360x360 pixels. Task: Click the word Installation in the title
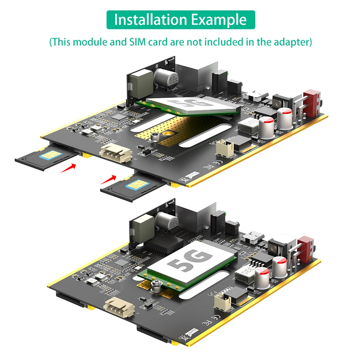[150, 20]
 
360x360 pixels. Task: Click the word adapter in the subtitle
[288, 42]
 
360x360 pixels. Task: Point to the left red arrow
[68, 167]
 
